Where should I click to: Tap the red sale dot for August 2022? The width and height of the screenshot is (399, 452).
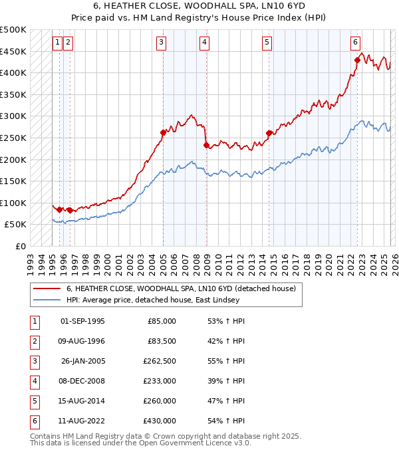[357, 60]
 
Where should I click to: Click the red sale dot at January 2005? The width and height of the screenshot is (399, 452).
[163, 132]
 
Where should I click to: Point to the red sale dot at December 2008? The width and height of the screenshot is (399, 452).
[206, 145]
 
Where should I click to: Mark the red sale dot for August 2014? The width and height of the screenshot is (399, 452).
[269, 133]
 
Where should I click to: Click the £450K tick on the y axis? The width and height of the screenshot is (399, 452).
[13, 52]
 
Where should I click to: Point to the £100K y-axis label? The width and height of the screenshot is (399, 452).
[13, 203]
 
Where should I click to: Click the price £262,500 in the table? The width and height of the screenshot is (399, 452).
[160, 362]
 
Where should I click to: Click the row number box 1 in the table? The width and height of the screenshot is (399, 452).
[33, 321]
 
